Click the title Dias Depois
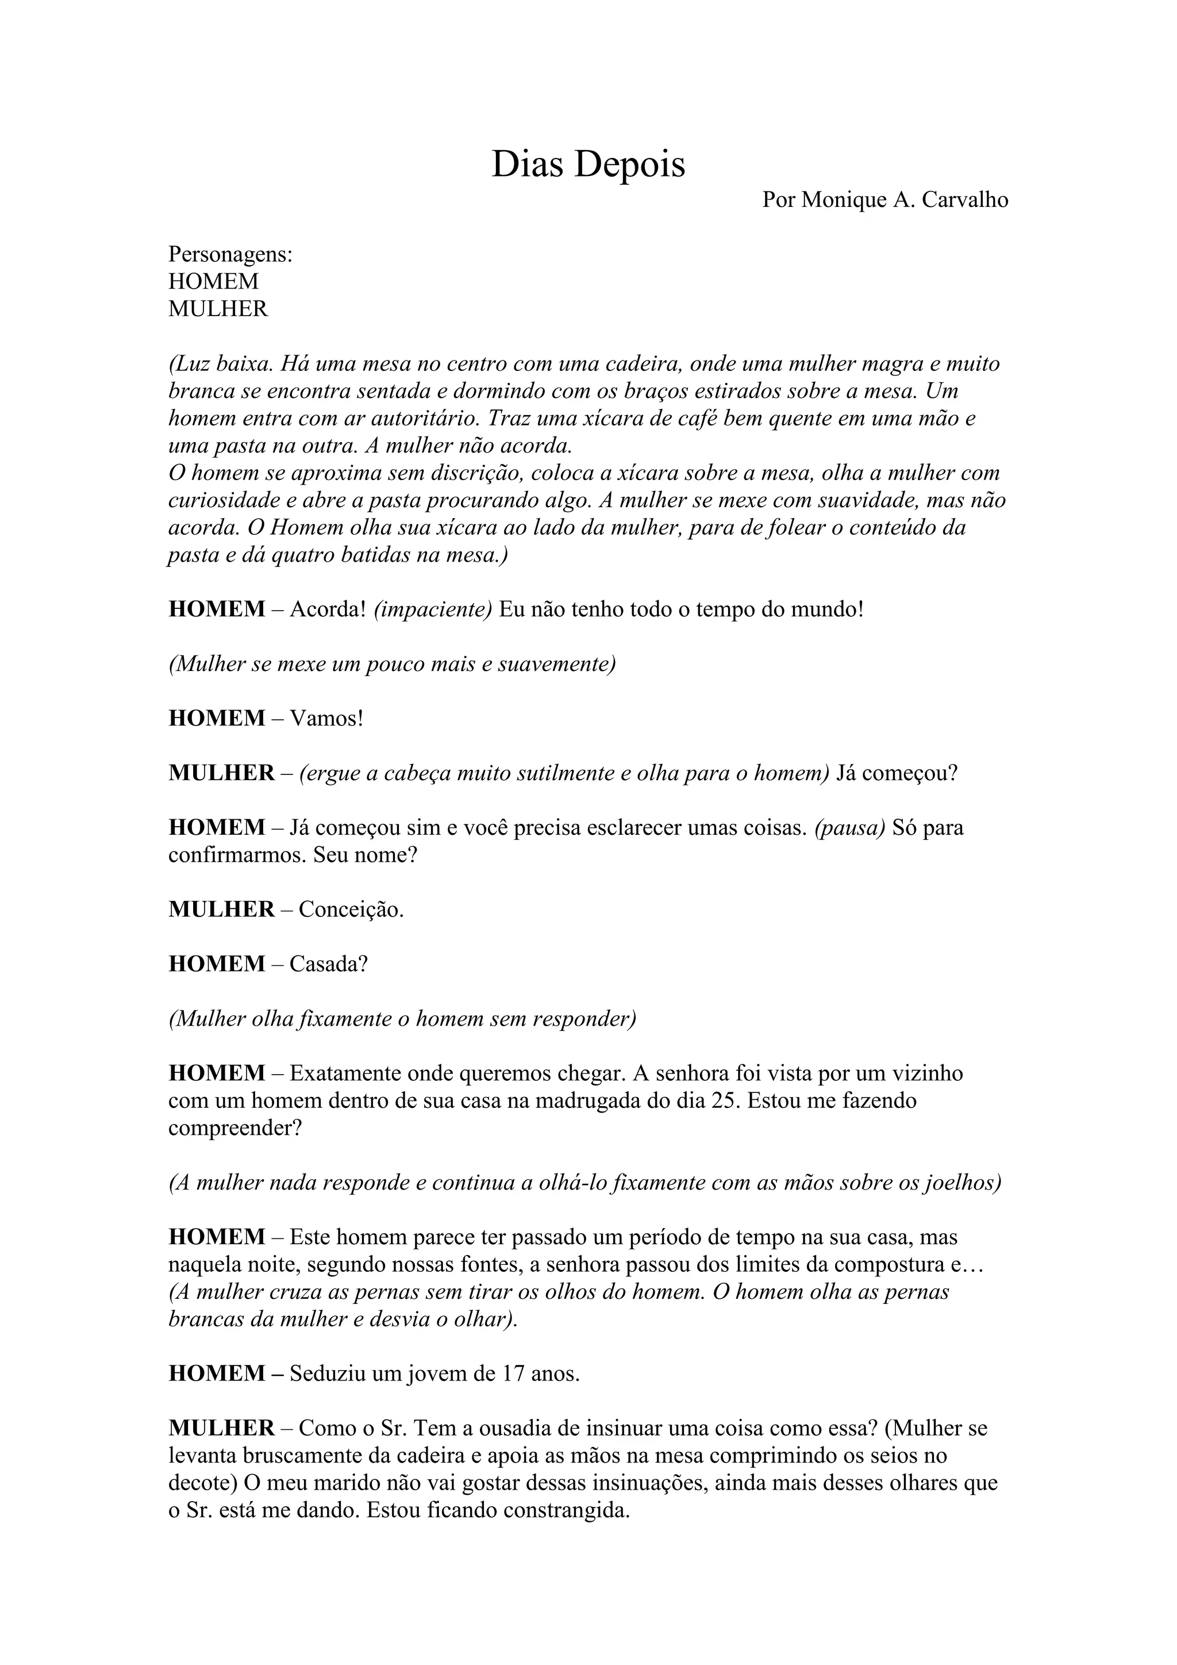[x=588, y=164]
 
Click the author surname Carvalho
[x=966, y=200]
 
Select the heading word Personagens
[x=230, y=255]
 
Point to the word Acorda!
[x=327, y=609]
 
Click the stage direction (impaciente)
[x=433, y=609]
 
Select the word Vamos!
[x=326, y=719]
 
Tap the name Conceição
[x=351, y=910]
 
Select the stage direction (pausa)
[x=849, y=827]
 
